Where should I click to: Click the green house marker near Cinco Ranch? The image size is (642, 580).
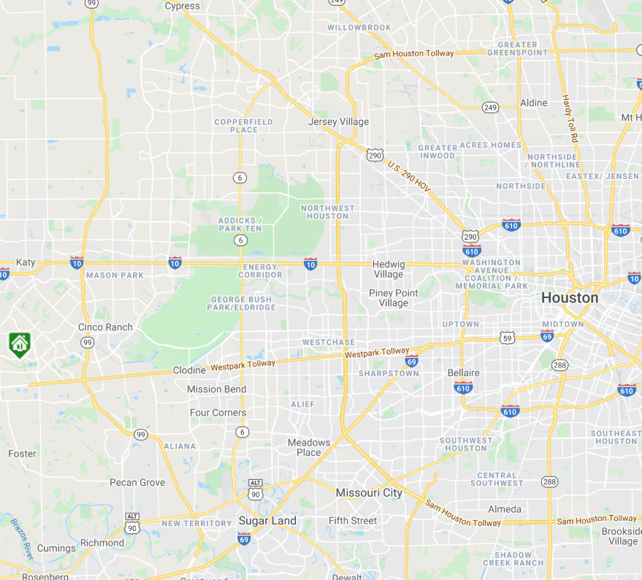pyautogui.click(x=19, y=343)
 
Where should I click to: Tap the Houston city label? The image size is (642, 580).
pyautogui.click(x=569, y=298)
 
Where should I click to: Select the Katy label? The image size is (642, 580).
pyautogui.click(x=26, y=262)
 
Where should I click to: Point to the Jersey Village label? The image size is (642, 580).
pyautogui.click(x=338, y=122)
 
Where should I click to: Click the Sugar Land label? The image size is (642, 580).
pyautogui.click(x=267, y=521)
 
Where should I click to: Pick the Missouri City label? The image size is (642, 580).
pyautogui.click(x=369, y=493)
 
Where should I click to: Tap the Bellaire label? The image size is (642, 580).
pyautogui.click(x=463, y=373)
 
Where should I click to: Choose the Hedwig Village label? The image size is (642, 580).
pyautogui.click(x=388, y=270)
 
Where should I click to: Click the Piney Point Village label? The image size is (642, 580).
pyautogui.click(x=393, y=298)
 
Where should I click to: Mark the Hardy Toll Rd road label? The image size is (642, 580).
pyautogui.click(x=569, y=117)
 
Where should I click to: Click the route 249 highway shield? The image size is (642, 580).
pyautogui.click(x=490, y=107)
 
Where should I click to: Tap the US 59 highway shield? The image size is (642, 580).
pyautogui.click(x=507, y=337)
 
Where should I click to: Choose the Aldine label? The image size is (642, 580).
pyautogui.click(x=533, y=103)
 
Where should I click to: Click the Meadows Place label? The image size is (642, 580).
pyautogui.click(x=309, y=447)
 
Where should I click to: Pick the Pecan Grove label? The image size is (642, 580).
pyautogui.click(x=137, y=483)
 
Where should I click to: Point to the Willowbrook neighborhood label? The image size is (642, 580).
pyautogui.click(x=359, y=28)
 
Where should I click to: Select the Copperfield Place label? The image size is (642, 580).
pyautogui.click(x=243, y=126)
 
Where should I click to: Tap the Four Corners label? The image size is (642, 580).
pyautogui.click(x=218, y=413)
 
